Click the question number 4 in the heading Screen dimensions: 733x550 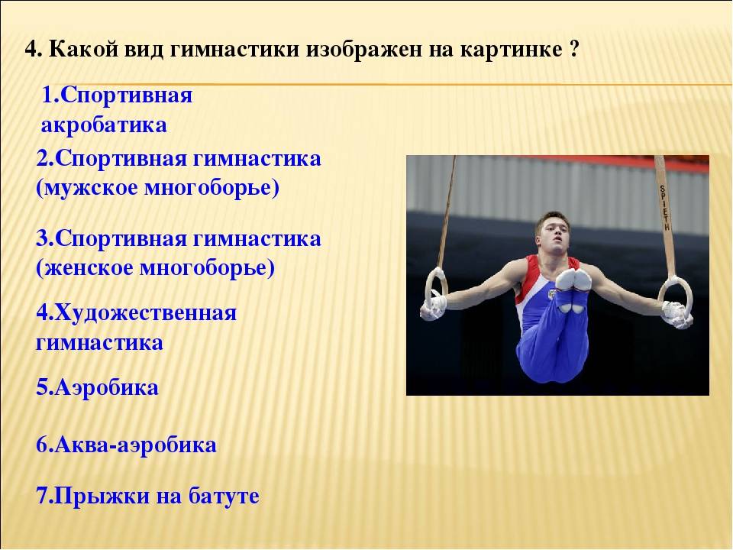31,49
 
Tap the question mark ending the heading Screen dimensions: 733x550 575,49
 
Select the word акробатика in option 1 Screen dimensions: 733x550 104,125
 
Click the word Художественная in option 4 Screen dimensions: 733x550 146,313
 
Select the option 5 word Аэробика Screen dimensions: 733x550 107,388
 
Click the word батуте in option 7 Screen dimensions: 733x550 224,497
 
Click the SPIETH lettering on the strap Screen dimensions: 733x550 665,208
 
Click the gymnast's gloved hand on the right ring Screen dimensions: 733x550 677,314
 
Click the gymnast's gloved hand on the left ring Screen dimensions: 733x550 433,308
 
